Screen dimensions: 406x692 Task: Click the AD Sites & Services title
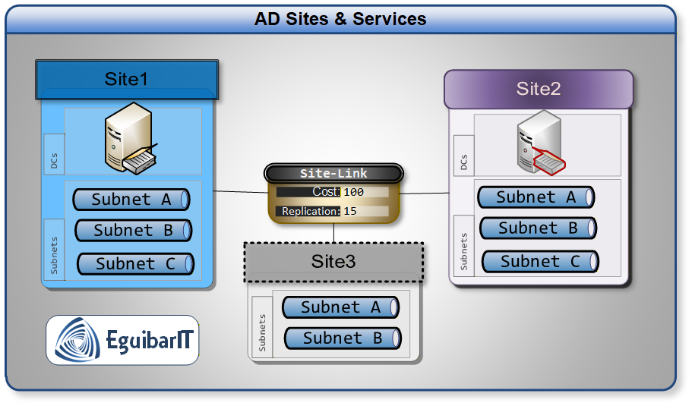pyautogui.click(x=340, y=19)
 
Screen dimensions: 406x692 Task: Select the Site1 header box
pyautogui.click(x=127, y=80)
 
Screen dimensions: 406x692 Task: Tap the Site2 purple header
pyautogui.click(x=538, y=89)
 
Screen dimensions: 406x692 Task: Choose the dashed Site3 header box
pyautogui.click(x=333, y=262)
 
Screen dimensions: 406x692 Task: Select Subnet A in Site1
pyautogui.click(x=131, y=200)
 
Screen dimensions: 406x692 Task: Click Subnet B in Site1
pyautogui.click(x=133, y=230)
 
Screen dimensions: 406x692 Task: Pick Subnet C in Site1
pyautogui.click(x=135, y=263)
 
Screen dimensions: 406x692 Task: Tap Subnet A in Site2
pyautogui.click(x=536, y=197)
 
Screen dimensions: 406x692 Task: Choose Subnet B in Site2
pyautogui.click(x=538, y=228)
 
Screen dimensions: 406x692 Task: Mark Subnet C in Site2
pyautogui.click(x=540, y=261)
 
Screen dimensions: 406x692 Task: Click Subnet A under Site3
pyautogui.click(x=340, y=307)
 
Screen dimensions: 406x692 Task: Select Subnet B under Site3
pyautogui.click(x=343, y=338)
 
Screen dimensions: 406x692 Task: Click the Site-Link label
pyautogui.click(x=333, y=174)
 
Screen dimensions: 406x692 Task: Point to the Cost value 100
pyautogui.click(x=354, y=192)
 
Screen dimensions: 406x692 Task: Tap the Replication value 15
pyautogui.click(x=350, y=211)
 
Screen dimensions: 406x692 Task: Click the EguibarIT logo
pyautogui.click(x=122, y=340)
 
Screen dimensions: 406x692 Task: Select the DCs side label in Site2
pyautogui.click(x=463, y=162)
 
